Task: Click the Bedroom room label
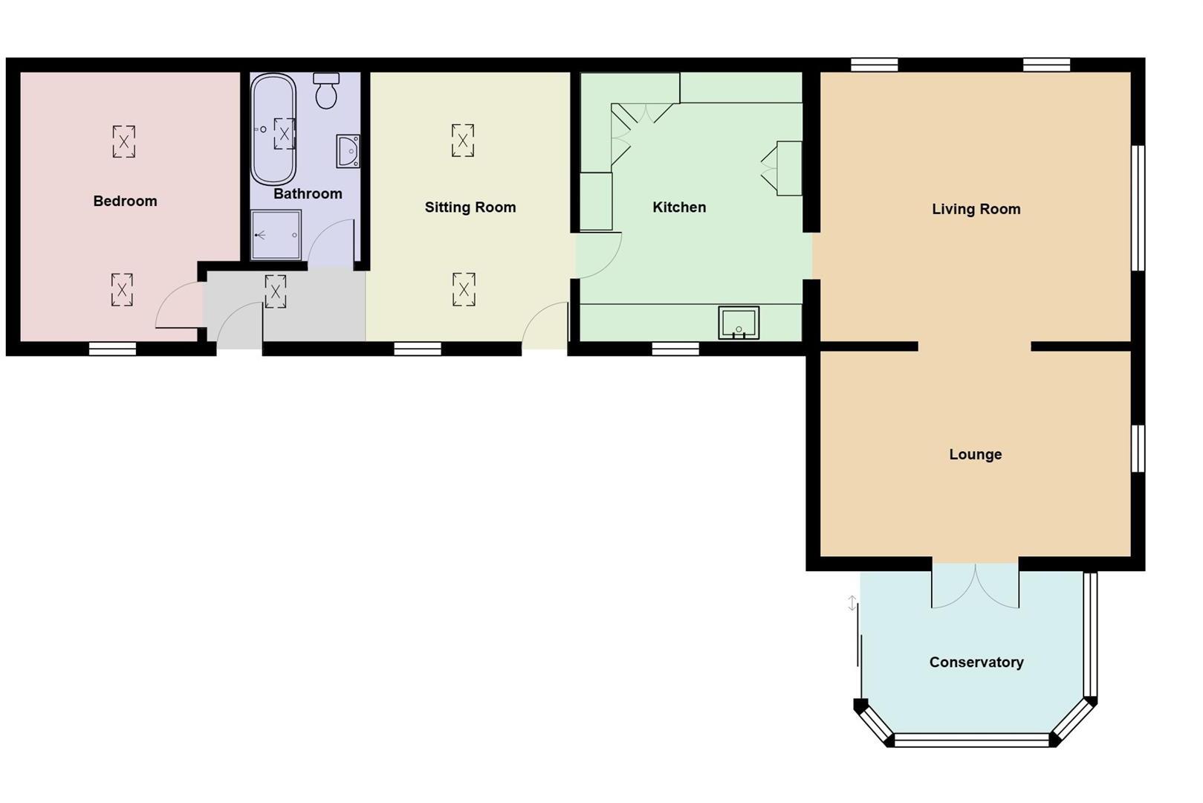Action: click(125, 201)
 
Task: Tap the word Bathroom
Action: click(308, 194)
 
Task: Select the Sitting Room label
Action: click(470, 207)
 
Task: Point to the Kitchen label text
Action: click(678, 207)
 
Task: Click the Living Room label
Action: click(976, 209)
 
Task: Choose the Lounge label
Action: click(975, 454)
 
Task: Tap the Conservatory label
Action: click(976, 662)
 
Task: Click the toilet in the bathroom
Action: click(326, 91)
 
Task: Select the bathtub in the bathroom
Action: click(273, 129)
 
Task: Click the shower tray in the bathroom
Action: click(276, 235)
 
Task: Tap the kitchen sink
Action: click(739, 323)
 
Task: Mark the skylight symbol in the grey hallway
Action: click(275, 291)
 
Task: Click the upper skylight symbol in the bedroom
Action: click(124, 141)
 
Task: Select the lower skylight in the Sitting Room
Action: click(464, 290)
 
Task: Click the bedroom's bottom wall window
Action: click(112, 348)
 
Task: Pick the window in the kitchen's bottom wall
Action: click(675, 348)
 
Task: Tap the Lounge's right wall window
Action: click(1137, 448)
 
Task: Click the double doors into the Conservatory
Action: click(975, 586)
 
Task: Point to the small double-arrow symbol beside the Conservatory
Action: click(852, 603)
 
